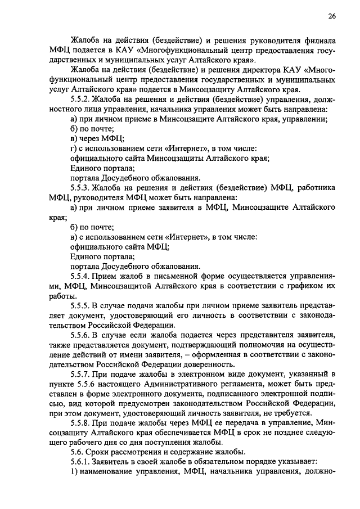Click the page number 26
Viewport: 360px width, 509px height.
click(332, 16)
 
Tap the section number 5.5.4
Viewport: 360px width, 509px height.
click(82, 276)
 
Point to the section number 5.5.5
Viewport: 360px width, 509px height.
click(82, 305)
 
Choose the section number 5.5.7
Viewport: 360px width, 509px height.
click(82, 374)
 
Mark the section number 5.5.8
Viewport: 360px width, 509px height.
click(82, 423)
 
